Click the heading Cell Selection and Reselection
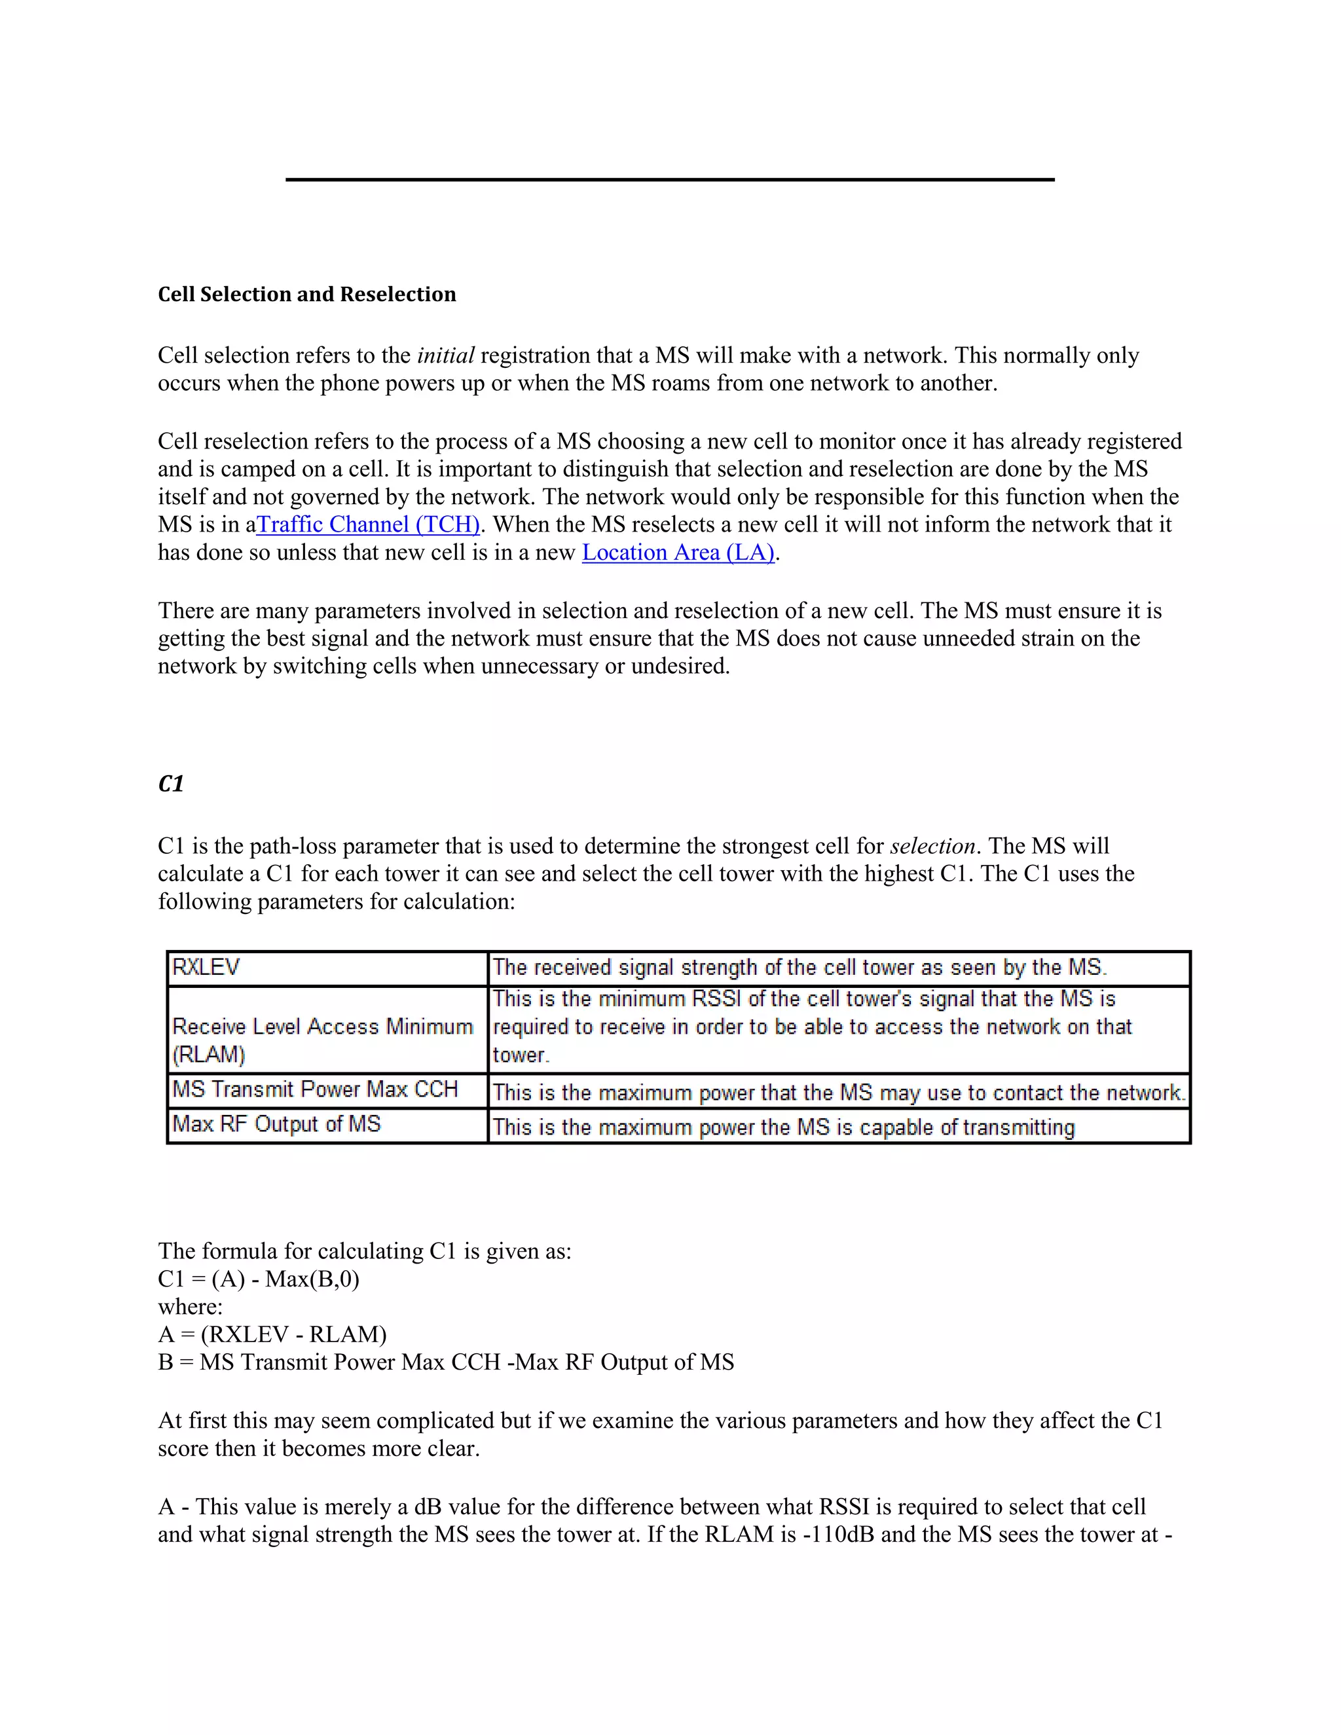pos(306,294)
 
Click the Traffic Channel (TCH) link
pos(369,524)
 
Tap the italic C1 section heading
pos(171,784)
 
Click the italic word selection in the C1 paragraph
pos(932,846)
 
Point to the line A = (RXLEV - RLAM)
pos(272,1334)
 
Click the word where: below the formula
pos(190,1307)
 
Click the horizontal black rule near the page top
pos(670,179)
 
